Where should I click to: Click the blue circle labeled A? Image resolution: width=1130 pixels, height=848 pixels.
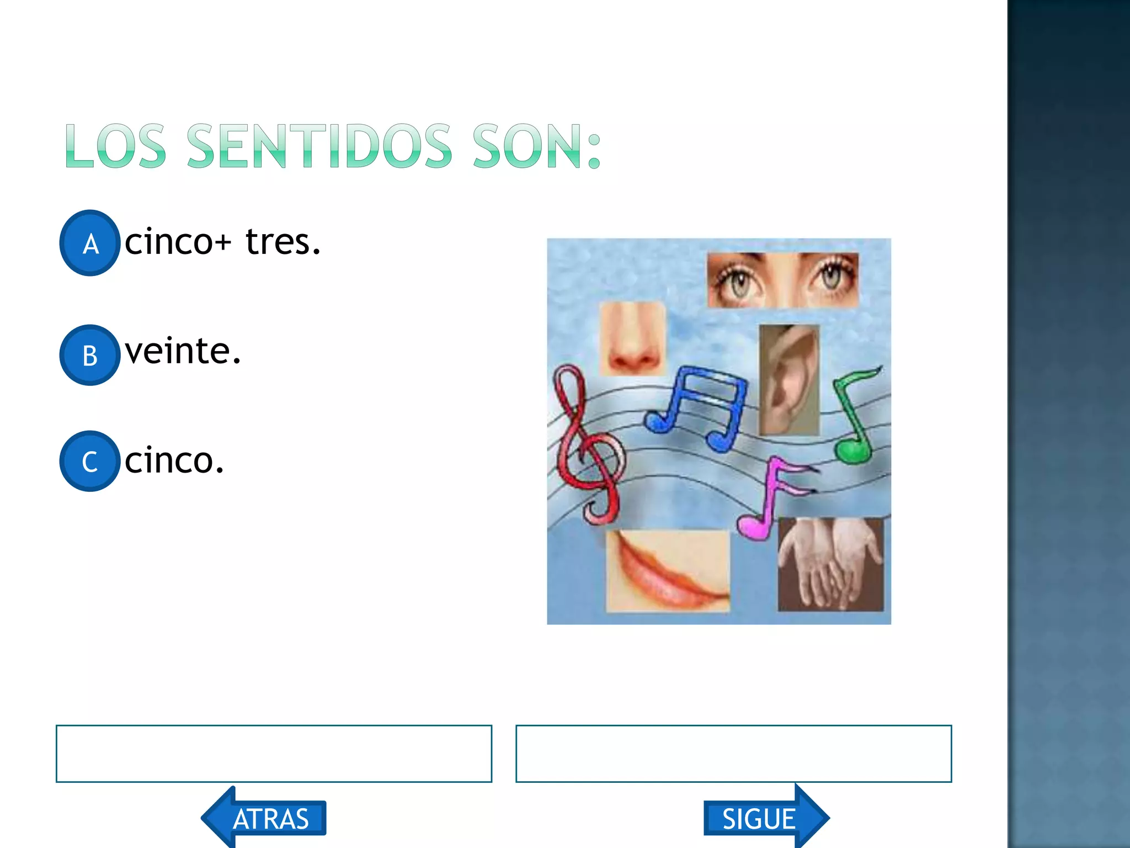click(89, 243)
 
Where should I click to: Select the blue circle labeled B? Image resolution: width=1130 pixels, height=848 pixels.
click(89, 355)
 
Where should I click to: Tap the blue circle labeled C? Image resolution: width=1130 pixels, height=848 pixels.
click(89, 461)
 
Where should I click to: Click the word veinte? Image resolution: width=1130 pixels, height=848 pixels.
click(183, 352)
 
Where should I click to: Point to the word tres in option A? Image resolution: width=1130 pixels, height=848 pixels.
click(282, 242)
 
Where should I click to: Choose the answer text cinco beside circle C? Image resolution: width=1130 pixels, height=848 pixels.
click(174, 460)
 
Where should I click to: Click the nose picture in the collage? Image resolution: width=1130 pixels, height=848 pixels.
click(632, 338)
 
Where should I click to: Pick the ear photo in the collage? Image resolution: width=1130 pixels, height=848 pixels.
click(788, 380)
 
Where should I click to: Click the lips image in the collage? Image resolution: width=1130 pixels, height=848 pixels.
click(668, 571)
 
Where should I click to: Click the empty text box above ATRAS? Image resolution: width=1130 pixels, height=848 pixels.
click(274, 754)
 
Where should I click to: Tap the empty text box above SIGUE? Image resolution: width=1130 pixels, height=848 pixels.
click(733, 754)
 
